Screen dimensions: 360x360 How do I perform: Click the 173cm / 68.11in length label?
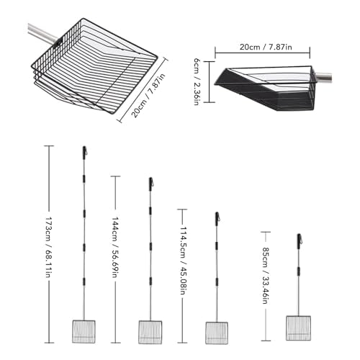tap(49, 247)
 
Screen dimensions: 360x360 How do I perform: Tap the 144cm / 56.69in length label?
tap(115, 247)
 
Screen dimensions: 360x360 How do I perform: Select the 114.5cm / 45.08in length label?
tap(183, 261)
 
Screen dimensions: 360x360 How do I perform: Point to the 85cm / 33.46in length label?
tap(265, 276)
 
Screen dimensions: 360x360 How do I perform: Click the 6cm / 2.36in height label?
tap(197, 81)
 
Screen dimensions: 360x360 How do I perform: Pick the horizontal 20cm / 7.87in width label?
tap(266, 47)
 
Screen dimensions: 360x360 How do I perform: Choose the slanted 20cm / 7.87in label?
tap(148, 96)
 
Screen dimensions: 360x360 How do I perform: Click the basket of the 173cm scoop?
tap(84, 331)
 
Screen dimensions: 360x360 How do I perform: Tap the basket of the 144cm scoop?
tap(150, 332)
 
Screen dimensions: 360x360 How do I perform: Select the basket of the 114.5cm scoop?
tap(217, 333)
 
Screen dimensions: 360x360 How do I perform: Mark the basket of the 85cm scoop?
tap(298, 328)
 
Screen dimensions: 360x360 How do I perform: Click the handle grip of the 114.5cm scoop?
tap(217, 219)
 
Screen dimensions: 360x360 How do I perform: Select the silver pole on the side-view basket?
tap(323, 76)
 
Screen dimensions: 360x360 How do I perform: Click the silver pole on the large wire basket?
tap(43, 33)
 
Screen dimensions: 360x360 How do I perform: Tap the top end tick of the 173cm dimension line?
tap(49, 145)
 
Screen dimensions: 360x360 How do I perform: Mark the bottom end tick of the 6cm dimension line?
tap(210, 102)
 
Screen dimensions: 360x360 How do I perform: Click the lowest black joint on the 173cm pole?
tap(84, 282)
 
